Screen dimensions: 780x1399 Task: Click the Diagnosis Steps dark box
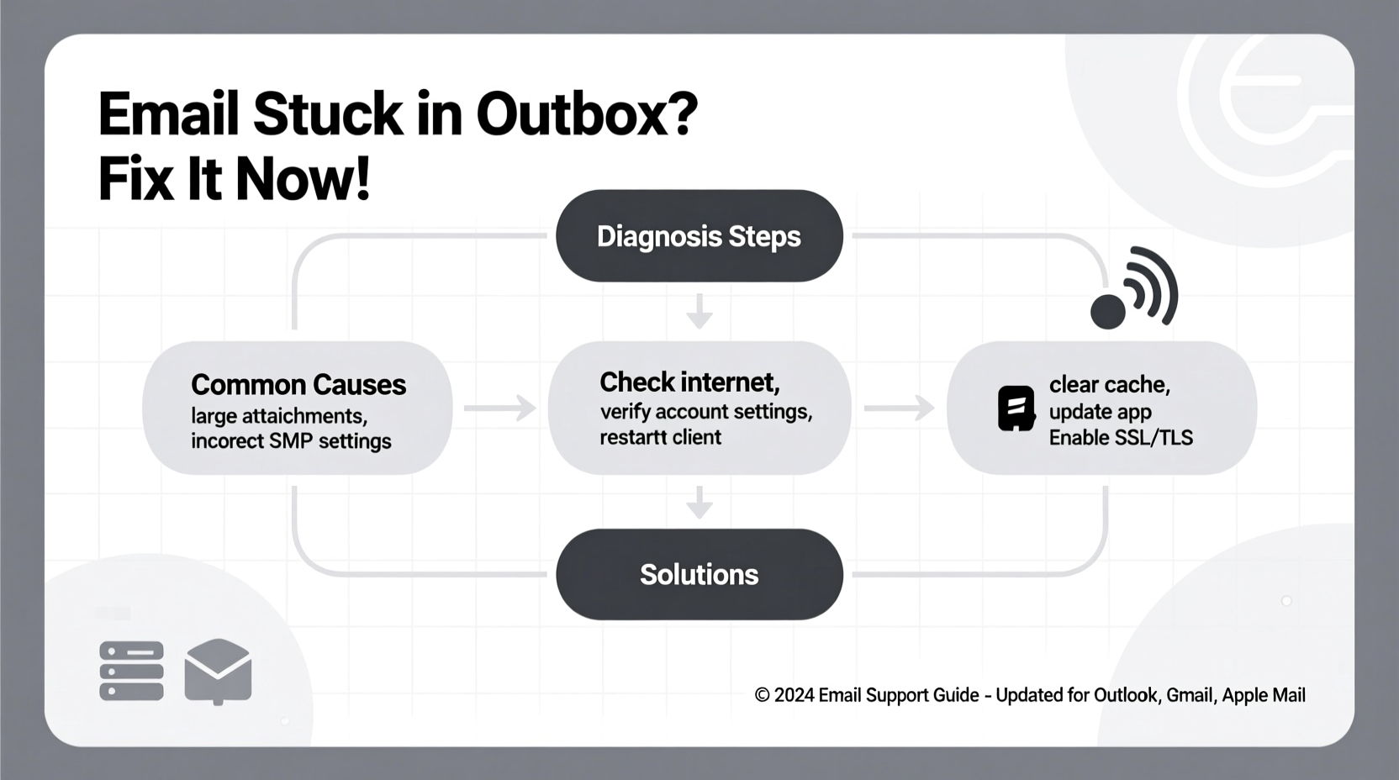pos(699,236)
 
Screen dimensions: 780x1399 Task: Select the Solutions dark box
pos(699,575)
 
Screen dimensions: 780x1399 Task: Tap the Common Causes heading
pos(298,385)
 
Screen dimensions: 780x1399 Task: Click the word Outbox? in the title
pos(587,114)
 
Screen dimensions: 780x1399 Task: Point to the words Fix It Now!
pos(235,179)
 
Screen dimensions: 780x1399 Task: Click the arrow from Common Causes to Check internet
pos(500,408)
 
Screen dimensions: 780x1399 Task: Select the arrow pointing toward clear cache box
pos(899,408)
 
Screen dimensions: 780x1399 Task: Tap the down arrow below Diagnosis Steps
pos(699,312)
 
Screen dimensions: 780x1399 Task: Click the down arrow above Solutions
pos(699,503)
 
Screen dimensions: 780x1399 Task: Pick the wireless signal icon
pos(1135,290)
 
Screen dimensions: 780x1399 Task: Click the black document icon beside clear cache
pos(1016,408)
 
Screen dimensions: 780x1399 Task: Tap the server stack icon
pos(131,671)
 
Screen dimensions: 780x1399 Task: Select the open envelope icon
pos(218,671)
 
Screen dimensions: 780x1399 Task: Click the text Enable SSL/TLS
pos(1121,438)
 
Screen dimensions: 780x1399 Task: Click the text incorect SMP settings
pos(291,441)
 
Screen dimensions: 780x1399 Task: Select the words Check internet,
pos(689,382)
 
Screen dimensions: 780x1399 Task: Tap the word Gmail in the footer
pos(1190,696)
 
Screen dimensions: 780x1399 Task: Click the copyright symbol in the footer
pos(762,696)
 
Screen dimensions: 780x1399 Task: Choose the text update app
pos(1100,412)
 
